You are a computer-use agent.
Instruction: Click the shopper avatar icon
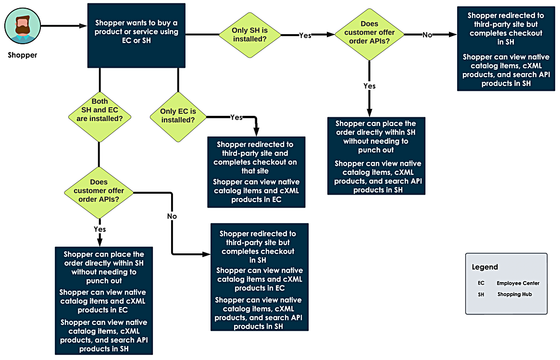pos(23,26)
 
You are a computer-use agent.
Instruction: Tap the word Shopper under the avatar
pos(23,55)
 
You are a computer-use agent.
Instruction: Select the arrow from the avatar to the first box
pos(64,26)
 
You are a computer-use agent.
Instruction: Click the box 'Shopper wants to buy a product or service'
pos(137,36)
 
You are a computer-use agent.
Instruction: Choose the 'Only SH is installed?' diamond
pos(249,35)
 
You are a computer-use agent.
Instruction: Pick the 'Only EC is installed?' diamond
pos(178,117)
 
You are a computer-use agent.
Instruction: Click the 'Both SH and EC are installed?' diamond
pos(100,117)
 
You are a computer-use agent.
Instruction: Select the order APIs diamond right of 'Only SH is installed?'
pos(369,35)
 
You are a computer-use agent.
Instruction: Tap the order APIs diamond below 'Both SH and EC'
pos(99,193)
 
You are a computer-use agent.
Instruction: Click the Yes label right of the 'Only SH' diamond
pos(305,36)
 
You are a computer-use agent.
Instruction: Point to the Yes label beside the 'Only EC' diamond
pos(236,117)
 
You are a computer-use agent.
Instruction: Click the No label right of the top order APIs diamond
pos(427,35)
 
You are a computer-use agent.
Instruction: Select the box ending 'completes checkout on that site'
pos(256,172)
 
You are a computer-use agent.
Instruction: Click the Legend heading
pos(485,267)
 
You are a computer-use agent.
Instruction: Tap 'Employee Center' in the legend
pos(518,283)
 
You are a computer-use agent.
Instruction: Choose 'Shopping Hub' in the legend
pos(515,294)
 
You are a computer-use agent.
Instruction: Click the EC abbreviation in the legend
pos(481,283)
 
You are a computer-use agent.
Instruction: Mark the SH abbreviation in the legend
pos(481,295)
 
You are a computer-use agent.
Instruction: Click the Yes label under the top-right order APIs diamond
pos(369,86)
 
